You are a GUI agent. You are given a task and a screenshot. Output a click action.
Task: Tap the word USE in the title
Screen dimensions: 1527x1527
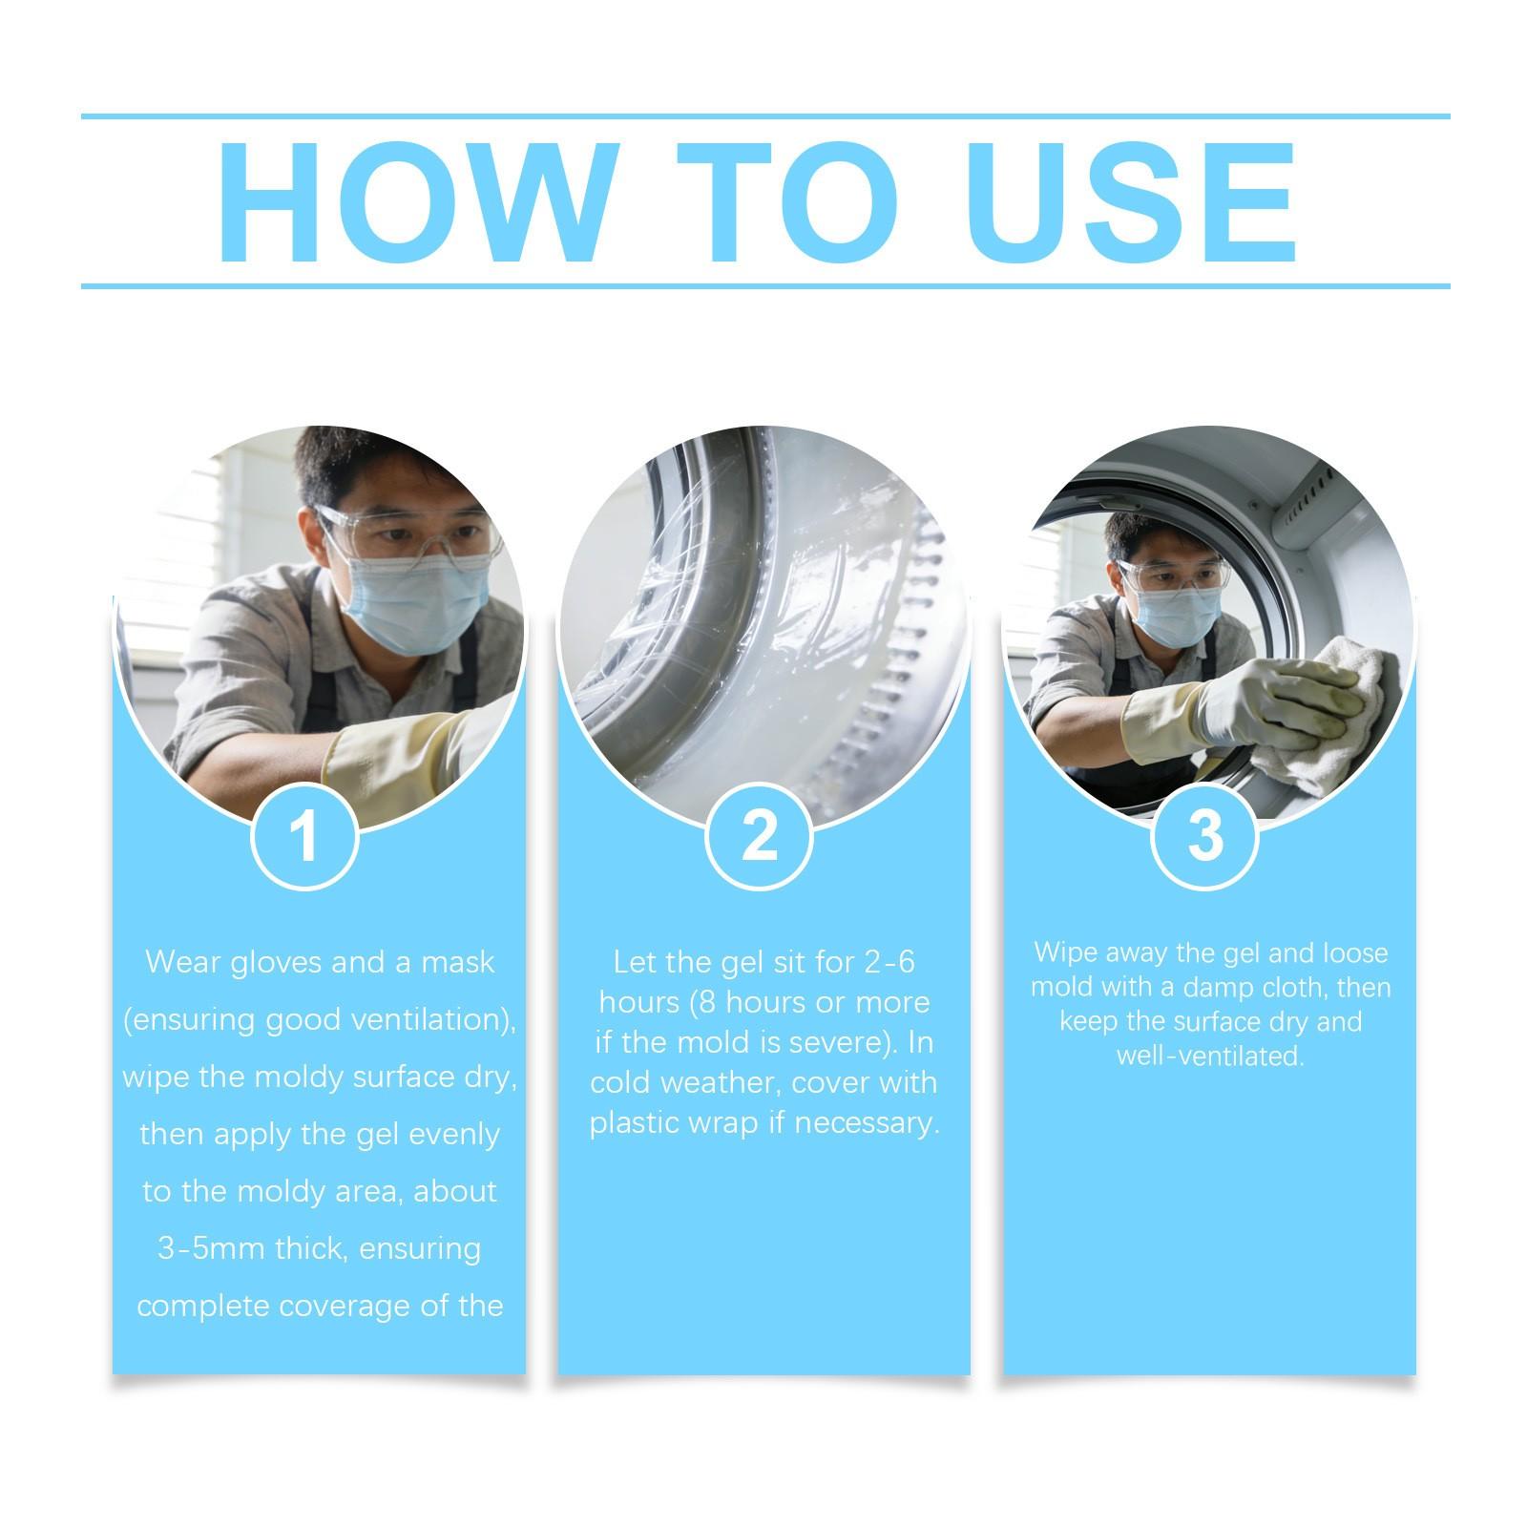[1136, 202]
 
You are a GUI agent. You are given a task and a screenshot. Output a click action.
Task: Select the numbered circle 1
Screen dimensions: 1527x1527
[304, 837]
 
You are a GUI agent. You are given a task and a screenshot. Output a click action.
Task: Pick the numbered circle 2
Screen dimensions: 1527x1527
[760, 837]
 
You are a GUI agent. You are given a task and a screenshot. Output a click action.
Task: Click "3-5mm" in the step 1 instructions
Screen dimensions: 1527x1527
[205, 1248]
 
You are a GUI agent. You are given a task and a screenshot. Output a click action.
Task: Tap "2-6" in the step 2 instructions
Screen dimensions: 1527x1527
[889, 962]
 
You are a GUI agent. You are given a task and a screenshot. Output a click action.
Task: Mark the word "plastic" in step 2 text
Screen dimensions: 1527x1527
[636, 1123]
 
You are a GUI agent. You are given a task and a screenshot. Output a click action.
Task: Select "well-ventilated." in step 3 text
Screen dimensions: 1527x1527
[1210, 1056]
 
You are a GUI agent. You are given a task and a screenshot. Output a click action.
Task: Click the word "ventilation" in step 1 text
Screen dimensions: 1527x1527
[424, 1019]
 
